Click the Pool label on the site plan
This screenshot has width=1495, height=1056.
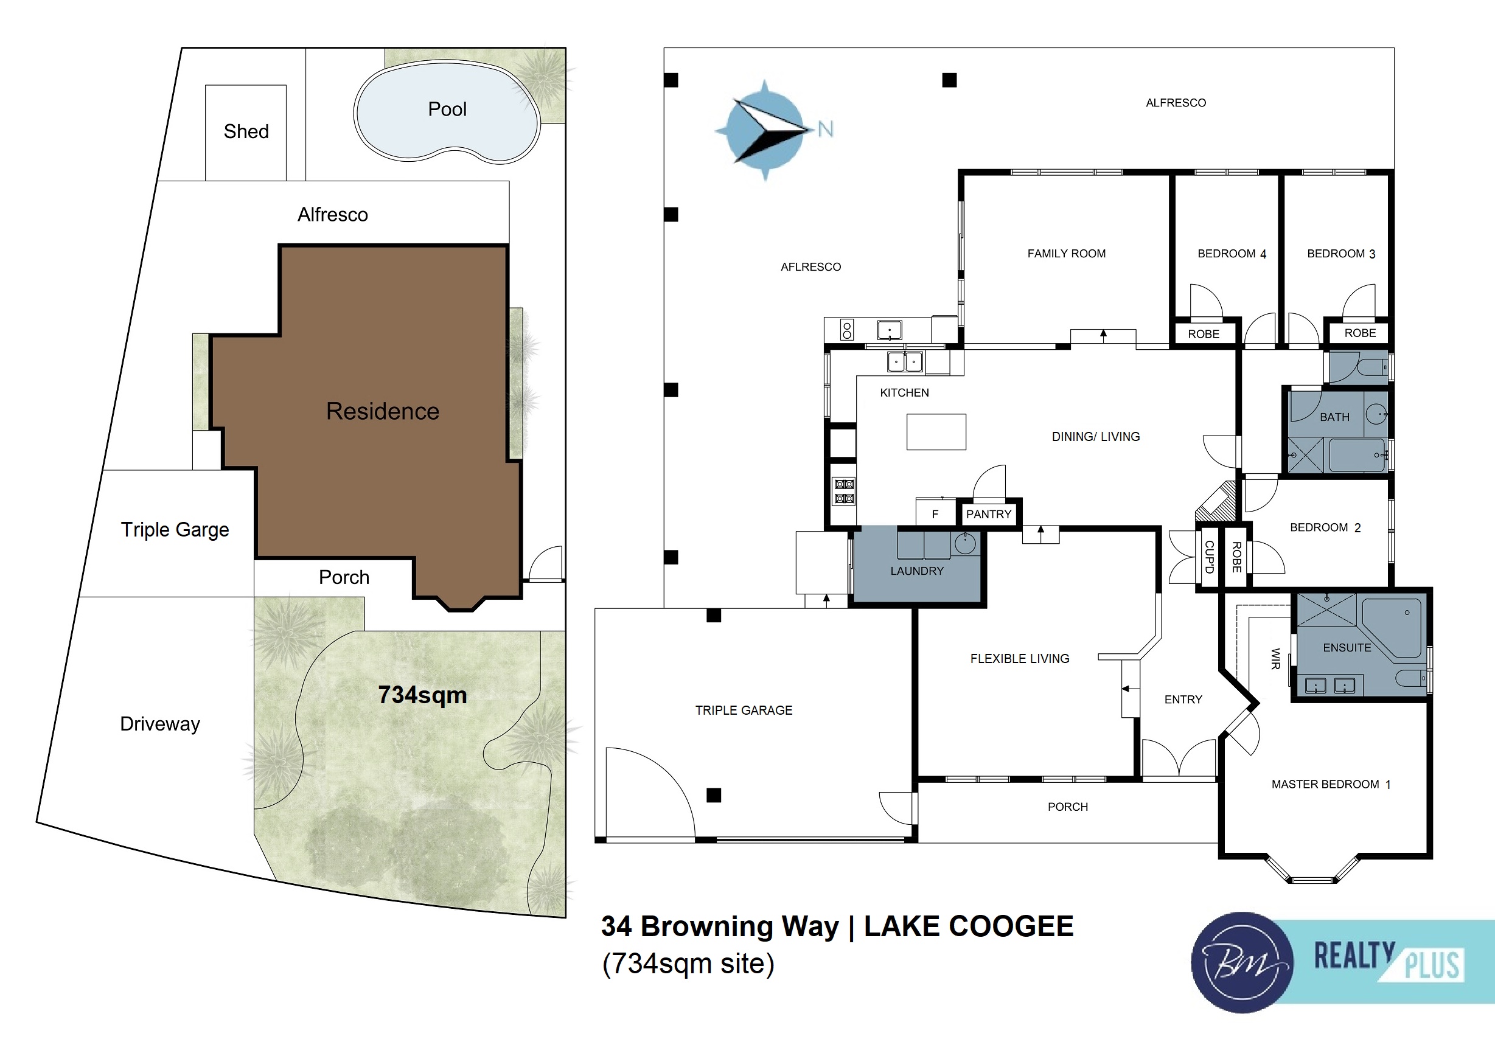pyautogui.click(x=447, y=109)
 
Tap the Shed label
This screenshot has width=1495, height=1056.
pyautogui.click(x=246, y=131)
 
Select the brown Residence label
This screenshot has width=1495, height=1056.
pyautogui.click(x=383, y=411)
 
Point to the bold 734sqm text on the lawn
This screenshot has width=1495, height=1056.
pyautogui.click(x=423, y=695)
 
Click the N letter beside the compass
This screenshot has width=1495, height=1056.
pyautogui.click(x=825, y=129)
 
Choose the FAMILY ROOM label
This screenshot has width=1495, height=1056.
pyautogui.click(x=1067, y=254)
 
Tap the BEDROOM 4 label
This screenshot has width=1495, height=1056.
pyautogui.click(x=1232, y=254)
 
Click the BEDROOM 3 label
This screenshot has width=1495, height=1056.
pyautogui.click(x=1341, y=254)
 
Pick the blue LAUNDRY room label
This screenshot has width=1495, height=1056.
pyautogui.click(x=917, y=571)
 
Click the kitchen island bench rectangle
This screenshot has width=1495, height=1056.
pyautogui.click(x=936, y=432)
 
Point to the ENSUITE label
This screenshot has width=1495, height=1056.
pyautogui.click(x=1347, y=648)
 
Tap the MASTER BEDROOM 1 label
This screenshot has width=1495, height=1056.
pyautogui.click(x=1331, y=785)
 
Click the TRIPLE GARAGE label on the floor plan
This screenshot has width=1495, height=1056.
pyautogui.click(x=744, y=710)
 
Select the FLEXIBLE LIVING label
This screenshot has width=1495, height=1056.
pyautogui.click(x=1020, y=659)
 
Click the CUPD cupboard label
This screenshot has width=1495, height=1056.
pyautogui.click(x=1209, y=557)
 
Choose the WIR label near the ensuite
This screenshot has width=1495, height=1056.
pyautogui.click(x=1275, y=659)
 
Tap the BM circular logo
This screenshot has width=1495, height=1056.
pyautogui.click(x=1242, y=963)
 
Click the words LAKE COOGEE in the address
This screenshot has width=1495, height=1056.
pyautogui.click(x=969, y=926)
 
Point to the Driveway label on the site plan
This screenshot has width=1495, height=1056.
pyautogui.click(x=160, y=724)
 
